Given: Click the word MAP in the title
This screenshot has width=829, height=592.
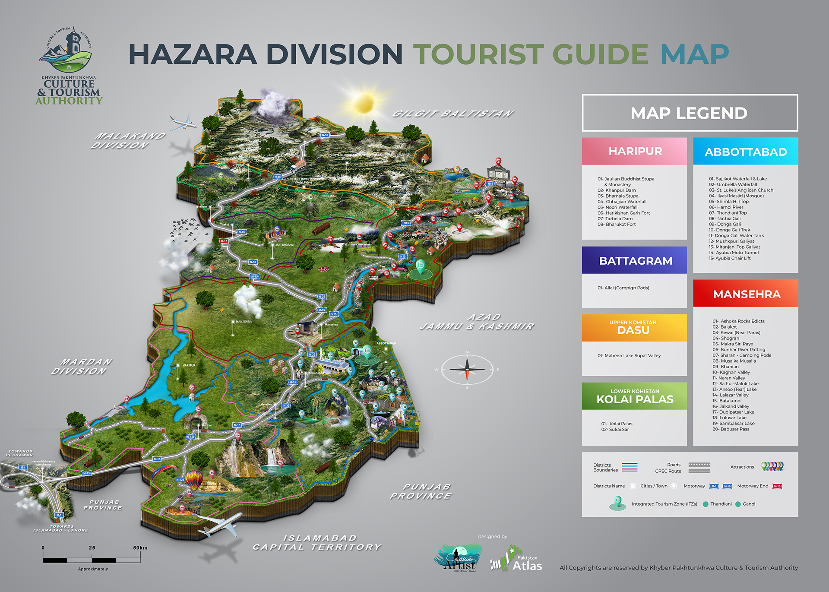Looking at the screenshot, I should pyautogui.click(x=694, y=54).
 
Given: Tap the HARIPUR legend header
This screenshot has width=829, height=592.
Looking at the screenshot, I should pyautogui.click(x=634, y=151).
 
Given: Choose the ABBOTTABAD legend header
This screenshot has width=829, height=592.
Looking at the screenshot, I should pyautogui.click(x=746, y=152).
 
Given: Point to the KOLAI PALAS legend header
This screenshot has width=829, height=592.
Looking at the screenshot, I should pyautogui.click(x=634, y=396).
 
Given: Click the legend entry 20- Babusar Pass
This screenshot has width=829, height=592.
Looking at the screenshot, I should pyautogui.click(x=731, y=429).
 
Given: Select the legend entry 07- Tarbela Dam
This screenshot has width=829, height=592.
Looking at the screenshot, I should pyautogui.click(x=615, y=218).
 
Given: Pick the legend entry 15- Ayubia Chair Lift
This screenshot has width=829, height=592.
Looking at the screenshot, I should pyautogui.click(x=730, y=258).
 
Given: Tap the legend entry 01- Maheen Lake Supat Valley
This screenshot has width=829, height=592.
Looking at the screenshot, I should pyautogui.click(x=629, y=356).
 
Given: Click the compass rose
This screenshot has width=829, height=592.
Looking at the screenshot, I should pyautogui.click(x=467, y=370).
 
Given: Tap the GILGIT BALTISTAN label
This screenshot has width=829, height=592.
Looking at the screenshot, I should pyautogui.click(x=452, y=114).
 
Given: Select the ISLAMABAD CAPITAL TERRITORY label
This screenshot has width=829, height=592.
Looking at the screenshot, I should pyautogui.click(x=317, y=543).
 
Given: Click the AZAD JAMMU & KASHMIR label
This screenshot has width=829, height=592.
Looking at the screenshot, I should pyautogui.click(x=477, y=322).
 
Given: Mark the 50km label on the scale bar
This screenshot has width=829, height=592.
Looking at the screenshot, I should pyautogui.click(x=140, y=548).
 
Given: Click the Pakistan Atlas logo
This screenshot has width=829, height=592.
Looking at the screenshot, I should pyautogui.click(x=516, y=560).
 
